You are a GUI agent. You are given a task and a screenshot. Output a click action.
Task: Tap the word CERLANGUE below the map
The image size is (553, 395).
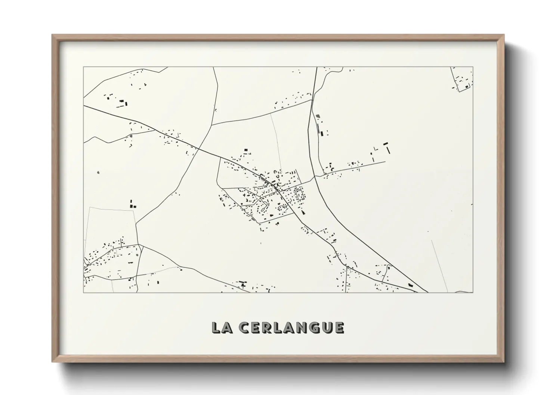point(291,327)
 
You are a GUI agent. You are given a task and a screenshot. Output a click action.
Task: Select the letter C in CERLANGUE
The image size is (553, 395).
point(245,327)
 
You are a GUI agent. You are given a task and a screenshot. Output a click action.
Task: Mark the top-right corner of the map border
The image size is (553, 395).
point(473,67)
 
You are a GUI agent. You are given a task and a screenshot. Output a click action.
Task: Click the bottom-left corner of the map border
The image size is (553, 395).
point(83,292)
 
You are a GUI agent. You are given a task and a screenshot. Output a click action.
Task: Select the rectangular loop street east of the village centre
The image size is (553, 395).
point(299,195)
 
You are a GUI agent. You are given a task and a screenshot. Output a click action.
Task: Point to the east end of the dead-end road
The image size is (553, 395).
point(384,162)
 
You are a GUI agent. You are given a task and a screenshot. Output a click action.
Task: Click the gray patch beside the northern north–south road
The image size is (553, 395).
point(318,116)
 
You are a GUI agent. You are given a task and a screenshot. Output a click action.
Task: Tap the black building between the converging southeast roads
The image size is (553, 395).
point(411,285)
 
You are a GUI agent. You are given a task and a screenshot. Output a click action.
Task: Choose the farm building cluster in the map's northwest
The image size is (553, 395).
point(117,100)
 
